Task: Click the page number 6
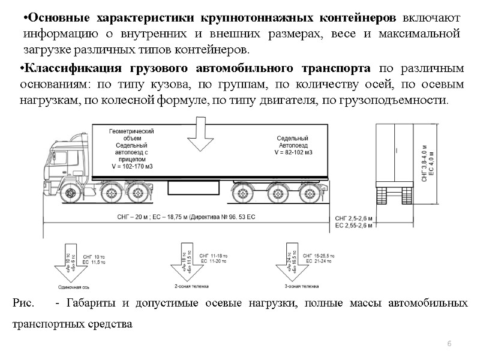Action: pos(449,342)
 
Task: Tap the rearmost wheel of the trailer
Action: pos(310,193)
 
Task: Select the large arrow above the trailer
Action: pos(200,135)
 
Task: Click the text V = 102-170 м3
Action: pos(131,166)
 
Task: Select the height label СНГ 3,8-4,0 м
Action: pos(424,157)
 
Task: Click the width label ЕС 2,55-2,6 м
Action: pos(354,226)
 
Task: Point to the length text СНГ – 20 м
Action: pos(128,217)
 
